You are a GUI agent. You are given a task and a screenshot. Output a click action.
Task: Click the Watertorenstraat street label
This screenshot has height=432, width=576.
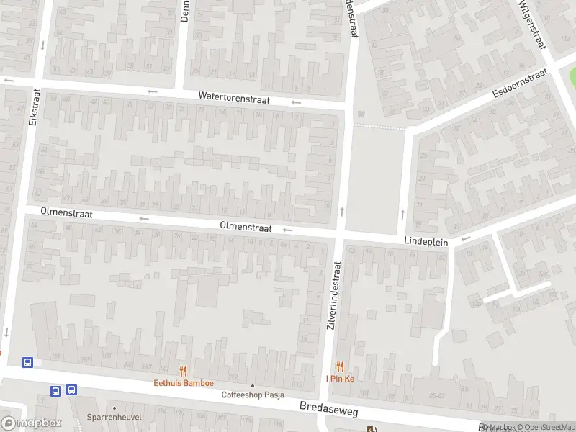coord(234,99)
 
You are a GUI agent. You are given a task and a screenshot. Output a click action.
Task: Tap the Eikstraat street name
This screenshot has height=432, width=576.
coord(33,108)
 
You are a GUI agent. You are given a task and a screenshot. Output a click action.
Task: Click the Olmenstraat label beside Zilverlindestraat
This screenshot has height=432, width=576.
coord(246,227)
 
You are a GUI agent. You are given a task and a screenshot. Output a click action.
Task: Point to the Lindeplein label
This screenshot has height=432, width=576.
coord(426,242)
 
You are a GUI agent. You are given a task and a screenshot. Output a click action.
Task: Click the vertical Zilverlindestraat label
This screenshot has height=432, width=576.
coord(333,294)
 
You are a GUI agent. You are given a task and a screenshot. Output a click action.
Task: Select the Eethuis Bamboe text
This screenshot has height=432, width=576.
coord(184,383)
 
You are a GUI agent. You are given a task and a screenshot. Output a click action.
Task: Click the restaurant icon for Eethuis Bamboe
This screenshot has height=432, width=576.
coord(184,371)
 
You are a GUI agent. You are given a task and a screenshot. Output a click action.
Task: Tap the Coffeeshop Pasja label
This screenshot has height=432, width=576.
coord(253,395)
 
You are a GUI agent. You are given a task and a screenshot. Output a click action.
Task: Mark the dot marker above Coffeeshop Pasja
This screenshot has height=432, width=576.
coord(253,385)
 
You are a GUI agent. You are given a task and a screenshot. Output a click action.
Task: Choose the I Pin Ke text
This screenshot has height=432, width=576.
coord(341,379)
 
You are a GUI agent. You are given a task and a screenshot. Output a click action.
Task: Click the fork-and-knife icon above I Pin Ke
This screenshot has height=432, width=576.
coord(341,366)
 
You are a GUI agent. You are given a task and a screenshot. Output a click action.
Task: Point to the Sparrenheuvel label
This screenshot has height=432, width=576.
coord(114,417)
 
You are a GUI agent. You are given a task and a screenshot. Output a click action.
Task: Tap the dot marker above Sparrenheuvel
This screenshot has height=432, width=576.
coord(114,408)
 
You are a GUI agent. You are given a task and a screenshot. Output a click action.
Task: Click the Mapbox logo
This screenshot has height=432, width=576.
coord(30,423)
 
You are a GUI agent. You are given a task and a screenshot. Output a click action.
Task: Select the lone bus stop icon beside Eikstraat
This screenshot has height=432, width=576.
coord(28,362)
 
